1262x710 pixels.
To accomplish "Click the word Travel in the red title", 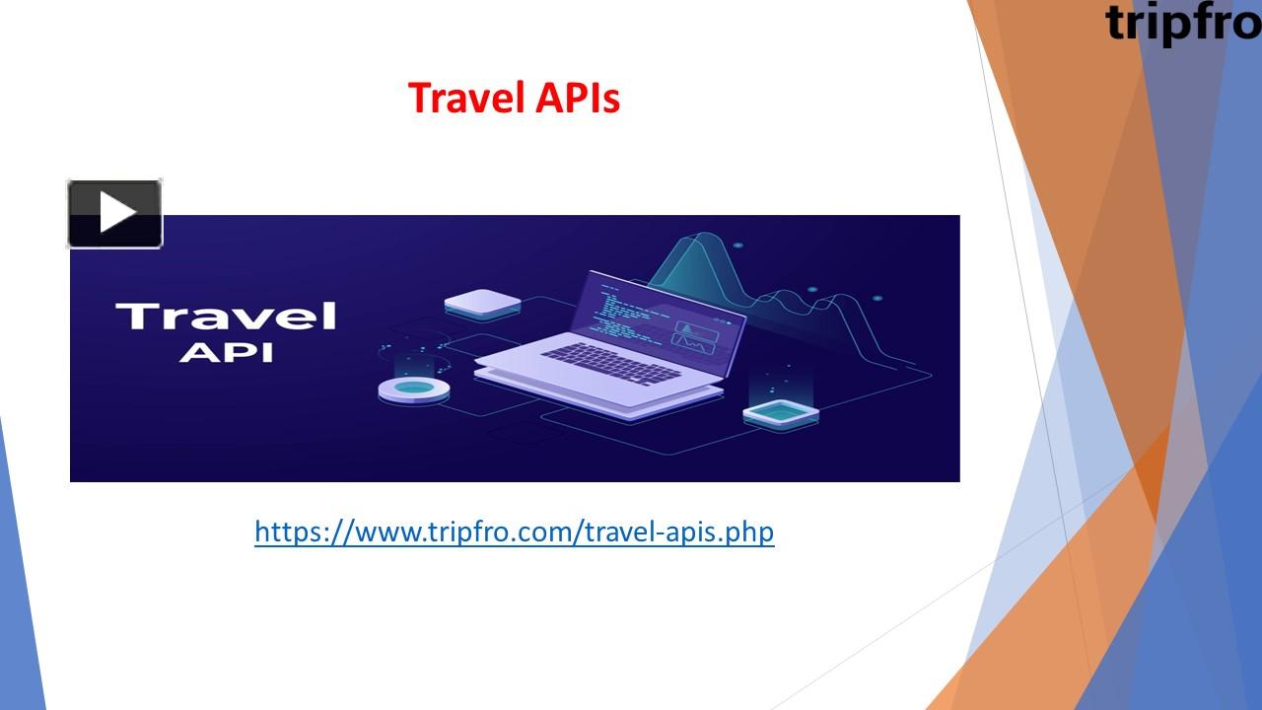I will click(457, 98).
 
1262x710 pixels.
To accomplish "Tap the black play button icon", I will click(115, 213).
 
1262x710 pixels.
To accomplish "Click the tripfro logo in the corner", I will click(1182, 23).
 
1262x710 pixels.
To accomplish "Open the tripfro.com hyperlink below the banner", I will click(514, 532).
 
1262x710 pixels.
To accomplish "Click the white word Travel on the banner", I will click(226, 317).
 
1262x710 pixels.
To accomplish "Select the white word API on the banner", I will click(226, 352).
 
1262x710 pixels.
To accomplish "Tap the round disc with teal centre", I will click(414, 390).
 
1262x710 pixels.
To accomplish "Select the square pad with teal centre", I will click(781, 412).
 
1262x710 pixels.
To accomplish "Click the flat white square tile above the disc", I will click(482, 302).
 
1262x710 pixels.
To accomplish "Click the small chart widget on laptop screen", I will click(695, 333).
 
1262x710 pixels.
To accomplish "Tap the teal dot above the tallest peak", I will click(738, 245).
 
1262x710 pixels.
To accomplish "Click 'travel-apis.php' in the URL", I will click(679, 532).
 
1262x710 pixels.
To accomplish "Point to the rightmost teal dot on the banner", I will click(876, 298).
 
